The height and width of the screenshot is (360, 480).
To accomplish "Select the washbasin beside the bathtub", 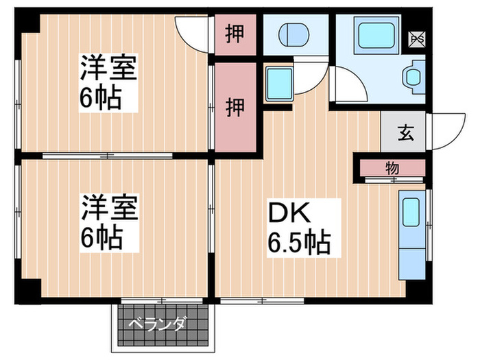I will click(414, 77).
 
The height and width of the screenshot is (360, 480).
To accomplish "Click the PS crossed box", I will click(416, 39).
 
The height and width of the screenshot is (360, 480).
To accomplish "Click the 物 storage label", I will click(392, 168).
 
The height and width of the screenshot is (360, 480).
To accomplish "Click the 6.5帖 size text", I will click(299, 241).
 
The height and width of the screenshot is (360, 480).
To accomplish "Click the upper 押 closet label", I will click(235, 34).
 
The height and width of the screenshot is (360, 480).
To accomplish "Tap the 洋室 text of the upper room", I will click(108, 68).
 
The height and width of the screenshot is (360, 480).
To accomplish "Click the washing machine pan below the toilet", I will click(278, 84).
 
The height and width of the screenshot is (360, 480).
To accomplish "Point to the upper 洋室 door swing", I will click(192, 30).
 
